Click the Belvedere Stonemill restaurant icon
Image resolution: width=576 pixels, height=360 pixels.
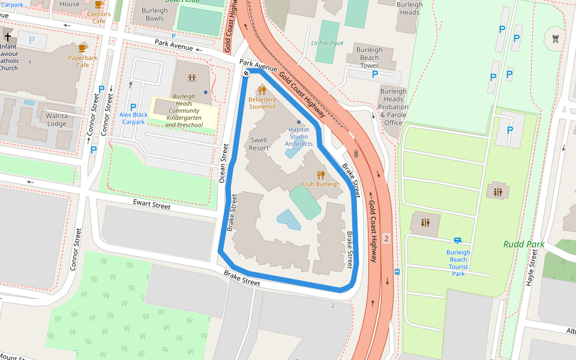click(262, 90)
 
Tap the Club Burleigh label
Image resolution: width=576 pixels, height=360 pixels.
click(320, 184)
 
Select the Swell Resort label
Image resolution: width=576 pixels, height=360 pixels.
click(259, 144)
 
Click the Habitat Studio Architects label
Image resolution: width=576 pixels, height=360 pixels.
click(299, 136)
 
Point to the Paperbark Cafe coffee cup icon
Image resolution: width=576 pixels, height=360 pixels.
click(83, 47)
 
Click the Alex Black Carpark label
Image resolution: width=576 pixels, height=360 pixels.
click(133, 118)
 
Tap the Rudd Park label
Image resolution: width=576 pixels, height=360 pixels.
click(524, 244)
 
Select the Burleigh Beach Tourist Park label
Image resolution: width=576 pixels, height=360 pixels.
click(458, 263)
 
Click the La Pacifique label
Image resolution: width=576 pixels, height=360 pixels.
click(328, 43)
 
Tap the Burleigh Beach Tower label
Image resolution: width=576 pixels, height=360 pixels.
click(369, 58)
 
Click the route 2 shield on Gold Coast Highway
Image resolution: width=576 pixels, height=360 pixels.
click(386, 239)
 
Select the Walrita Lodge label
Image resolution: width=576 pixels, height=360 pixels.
click(57, 120)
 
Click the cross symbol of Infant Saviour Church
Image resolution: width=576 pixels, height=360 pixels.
click(7, 37)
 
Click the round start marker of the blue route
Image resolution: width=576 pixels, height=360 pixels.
click(246, 73)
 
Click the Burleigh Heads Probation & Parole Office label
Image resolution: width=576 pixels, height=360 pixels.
click(393, 107)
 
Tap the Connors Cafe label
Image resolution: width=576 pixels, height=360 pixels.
click(98, 17)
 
